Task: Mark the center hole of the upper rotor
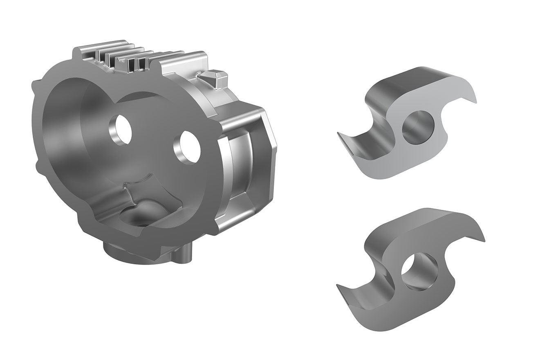click(x=418, y=127)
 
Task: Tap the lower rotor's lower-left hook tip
click(x=340, y=288)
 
